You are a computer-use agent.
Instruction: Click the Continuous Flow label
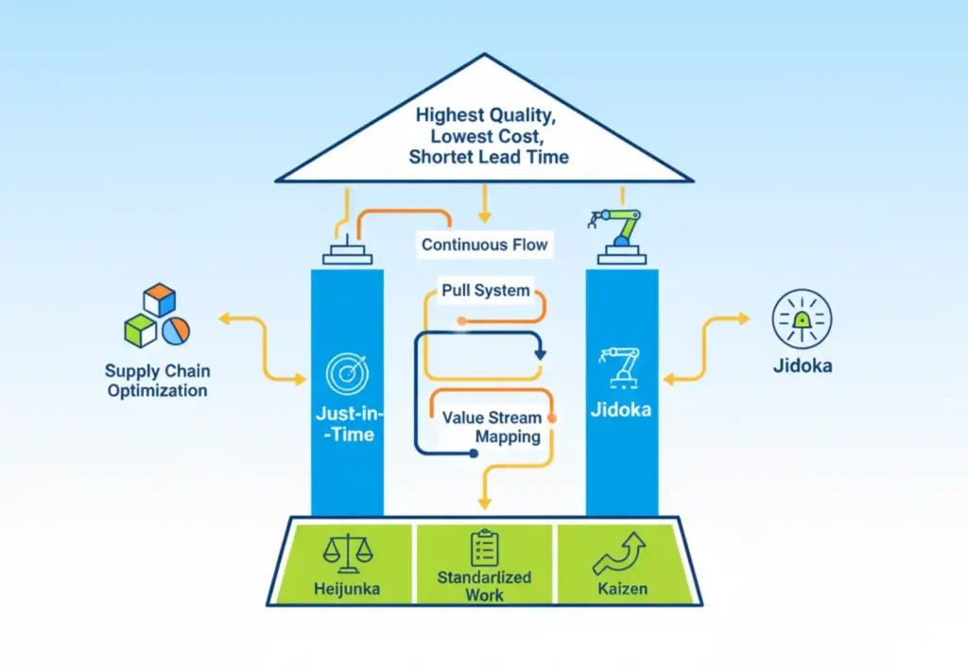pyautogui.click(x=484, y=245)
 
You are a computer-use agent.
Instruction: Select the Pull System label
pyautogui.click(x=486, y=290)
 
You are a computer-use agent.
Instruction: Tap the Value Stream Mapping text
pyautogui.click(x=493, y=427)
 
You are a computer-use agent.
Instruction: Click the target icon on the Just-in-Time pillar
pyautogui.click(x=347, y=373)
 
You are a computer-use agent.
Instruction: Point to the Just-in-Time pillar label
pyautogui.click(x=346, y=424)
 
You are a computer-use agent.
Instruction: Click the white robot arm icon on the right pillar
pyautogui.click(x=621, y=368)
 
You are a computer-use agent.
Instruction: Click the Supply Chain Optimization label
pyautogui.click(x=157, y=381)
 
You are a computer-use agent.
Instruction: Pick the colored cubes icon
pyautogui.click(x=157, y=317)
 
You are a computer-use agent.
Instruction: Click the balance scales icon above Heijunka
pyautogui.click(x=344, y=552)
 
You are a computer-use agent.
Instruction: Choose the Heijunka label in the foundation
pyautogui.click(x=344, y=589)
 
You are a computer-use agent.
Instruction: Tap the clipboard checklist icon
pyautogui.click(x=484, y=547)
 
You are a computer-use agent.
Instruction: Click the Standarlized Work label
pyautogui.click(x=484, y=586)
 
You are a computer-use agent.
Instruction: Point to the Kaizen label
pyautogui.click(x=621, y=589)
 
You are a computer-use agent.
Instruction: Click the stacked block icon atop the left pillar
pyautogui.click(x=346, y=252)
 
